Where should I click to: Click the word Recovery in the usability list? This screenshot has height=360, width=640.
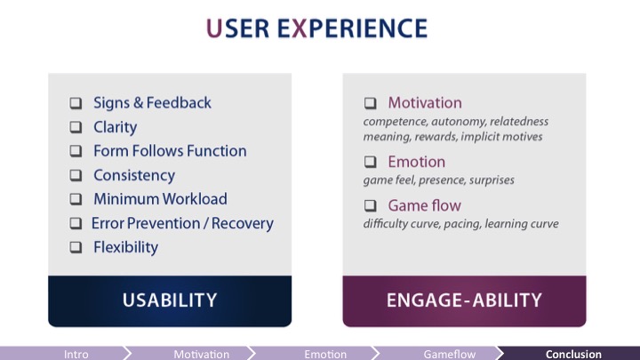click(241, 223)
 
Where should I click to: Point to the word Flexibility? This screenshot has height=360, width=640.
click(125, 247)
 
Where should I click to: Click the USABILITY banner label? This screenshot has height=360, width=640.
click(169, 300)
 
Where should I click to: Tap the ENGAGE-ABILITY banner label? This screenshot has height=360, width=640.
click(464, 300)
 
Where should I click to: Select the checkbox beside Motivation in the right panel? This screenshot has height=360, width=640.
click(371, 103)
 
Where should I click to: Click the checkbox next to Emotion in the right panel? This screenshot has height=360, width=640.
click(371, 163)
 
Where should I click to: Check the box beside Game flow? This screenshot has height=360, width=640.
click(371, 206)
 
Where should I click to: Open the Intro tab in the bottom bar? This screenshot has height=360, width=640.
click(76, 354)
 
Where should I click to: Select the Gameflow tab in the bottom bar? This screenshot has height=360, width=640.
click(450, 354)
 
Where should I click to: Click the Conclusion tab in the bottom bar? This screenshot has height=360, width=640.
click(573, 354)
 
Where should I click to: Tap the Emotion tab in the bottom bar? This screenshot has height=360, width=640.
click(325, 354)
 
